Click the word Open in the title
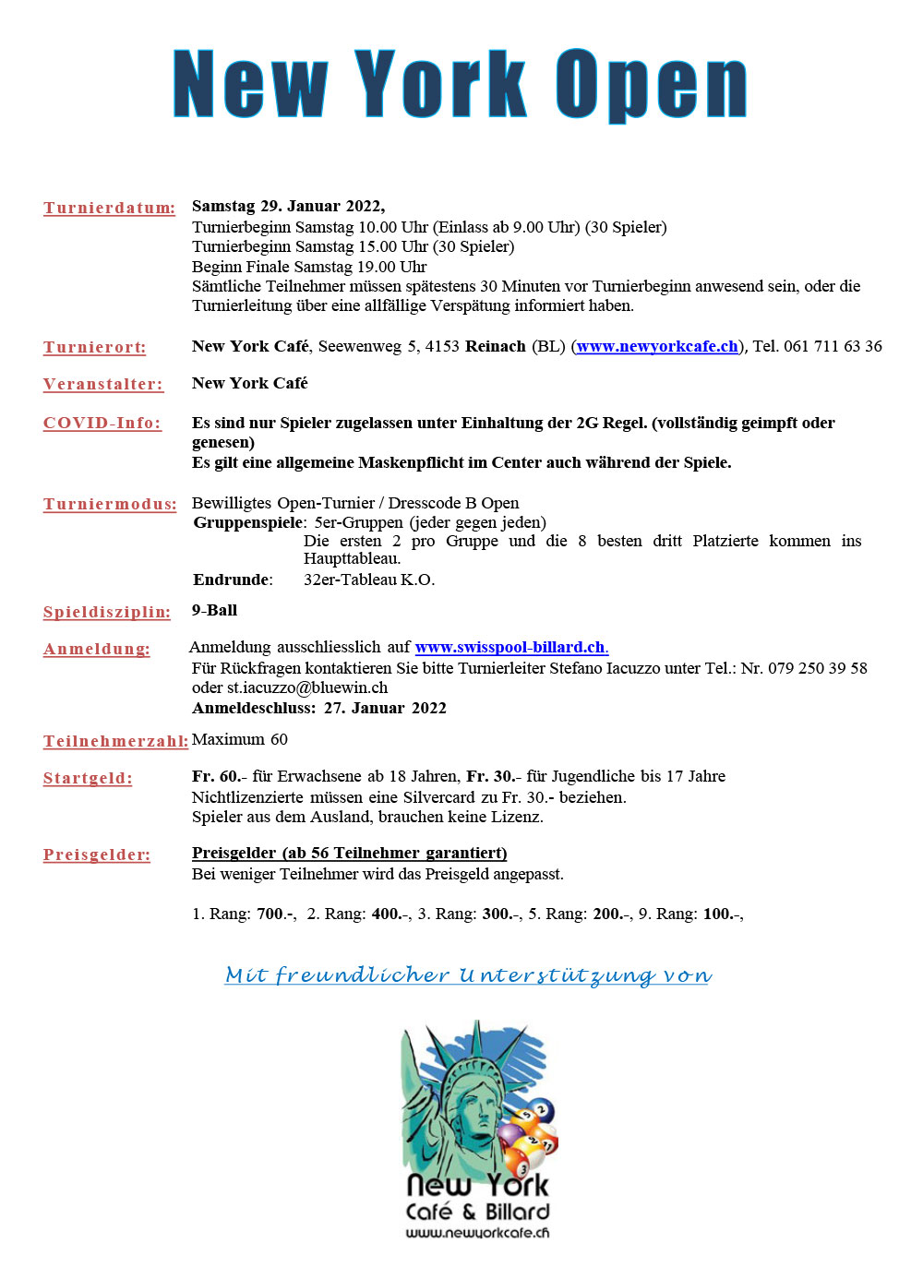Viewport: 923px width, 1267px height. pos(651,85)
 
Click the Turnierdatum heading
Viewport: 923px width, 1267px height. pos(109,208)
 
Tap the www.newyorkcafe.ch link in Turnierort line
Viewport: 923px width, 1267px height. pos(657,347)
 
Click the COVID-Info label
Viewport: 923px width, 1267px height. pos(102,423)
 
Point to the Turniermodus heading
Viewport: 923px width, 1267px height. pos(110,504)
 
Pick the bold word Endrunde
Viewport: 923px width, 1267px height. pos(232,580)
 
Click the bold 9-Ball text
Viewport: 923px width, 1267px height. pos(214,610)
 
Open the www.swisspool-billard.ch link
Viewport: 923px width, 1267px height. pos(511,647)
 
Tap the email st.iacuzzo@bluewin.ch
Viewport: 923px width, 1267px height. pos(307,687)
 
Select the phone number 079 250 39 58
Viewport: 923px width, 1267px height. pos(818,668)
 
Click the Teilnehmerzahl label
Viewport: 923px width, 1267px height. pos(115,741)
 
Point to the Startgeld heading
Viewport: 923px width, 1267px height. pos(88,778)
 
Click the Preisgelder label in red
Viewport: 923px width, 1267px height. pos(97,855)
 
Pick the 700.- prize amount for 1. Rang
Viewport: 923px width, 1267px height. pos(276,914)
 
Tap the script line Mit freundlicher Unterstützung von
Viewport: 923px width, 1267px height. pos(468,975)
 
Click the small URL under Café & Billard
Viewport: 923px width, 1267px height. pos(477,1233)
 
